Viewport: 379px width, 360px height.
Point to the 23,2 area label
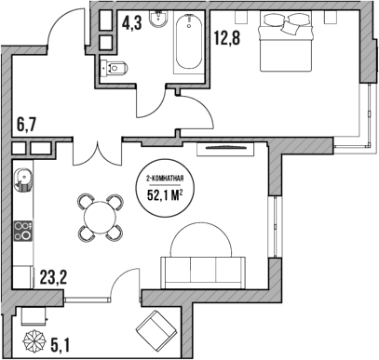55,276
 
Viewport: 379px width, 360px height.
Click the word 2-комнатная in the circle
164,177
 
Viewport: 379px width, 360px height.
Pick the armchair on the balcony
156,330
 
